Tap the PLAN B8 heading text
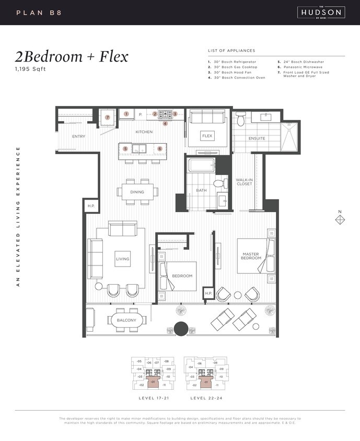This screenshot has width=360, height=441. [x=39, y=12]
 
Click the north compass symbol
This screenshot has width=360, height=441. [x=340, y=220]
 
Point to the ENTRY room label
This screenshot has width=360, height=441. [x=78, y=136]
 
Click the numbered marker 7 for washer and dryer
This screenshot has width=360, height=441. [x=108, y=118]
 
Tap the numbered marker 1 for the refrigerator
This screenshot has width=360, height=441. [x=126, y=113]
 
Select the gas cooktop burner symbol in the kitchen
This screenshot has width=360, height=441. [x=166, y=113]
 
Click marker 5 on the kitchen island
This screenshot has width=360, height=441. [x=125, y=148]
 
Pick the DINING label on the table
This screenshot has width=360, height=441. [x=137, y=192]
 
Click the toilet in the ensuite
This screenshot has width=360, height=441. [x=240, y=120]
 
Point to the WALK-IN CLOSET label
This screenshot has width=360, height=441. [x=244, y=182]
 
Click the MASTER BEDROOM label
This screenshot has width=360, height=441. [x=251, y=257]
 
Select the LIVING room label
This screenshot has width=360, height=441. [x=122, y=259]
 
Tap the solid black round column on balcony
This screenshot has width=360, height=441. [x=181, y=329]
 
